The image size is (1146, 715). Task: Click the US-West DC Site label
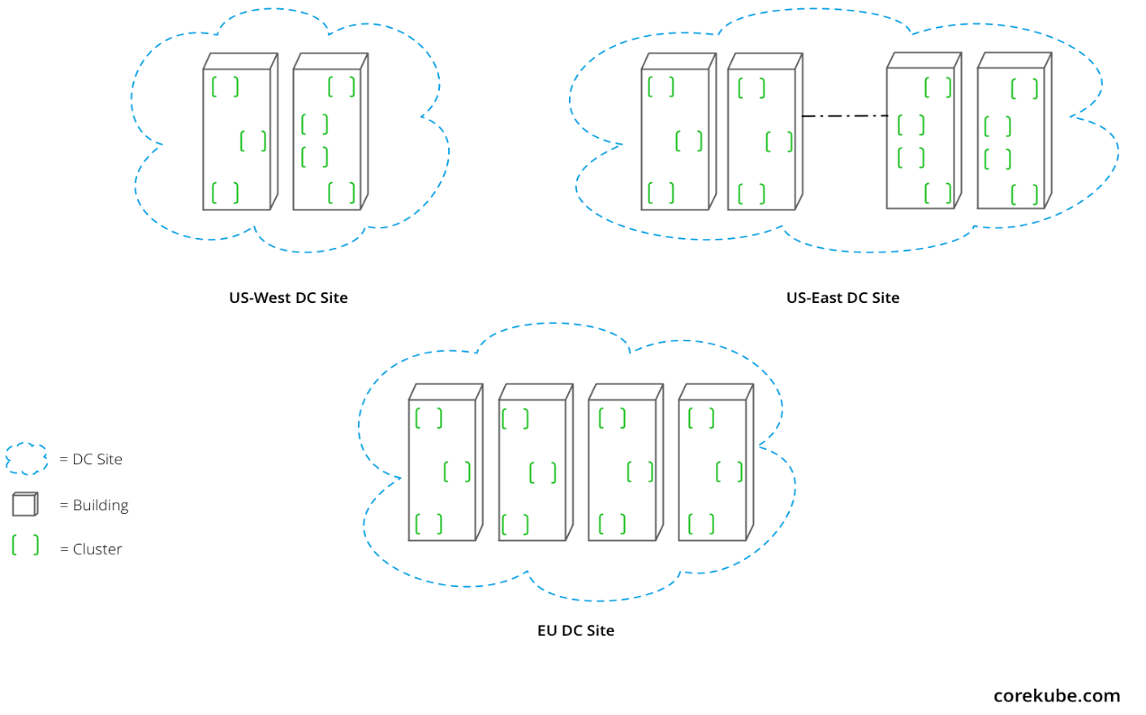tap(288, 298)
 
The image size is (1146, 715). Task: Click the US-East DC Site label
tap(843, 298)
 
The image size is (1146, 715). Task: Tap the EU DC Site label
tap(575, 630)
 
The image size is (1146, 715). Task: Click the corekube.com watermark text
tap(1057, 695)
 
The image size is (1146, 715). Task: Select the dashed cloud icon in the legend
tap(27, 459)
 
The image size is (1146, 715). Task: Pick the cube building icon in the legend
tap(25, 504)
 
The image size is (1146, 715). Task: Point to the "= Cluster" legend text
tap(91, 549)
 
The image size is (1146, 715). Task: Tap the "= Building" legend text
tap(94, 505)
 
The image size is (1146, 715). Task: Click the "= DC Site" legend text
tap(91, 459)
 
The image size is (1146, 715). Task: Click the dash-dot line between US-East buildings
tap(845, 116)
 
